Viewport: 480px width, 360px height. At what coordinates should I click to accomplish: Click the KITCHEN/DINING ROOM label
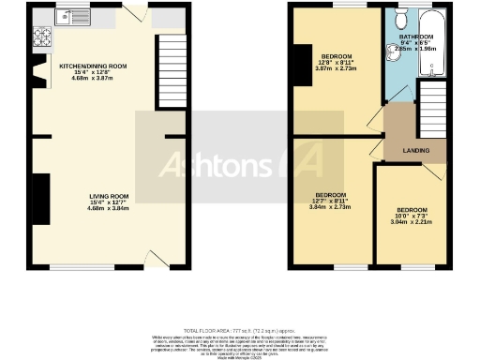(x=93, y=67)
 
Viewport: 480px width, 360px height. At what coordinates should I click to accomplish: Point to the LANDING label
(x=416, y=149)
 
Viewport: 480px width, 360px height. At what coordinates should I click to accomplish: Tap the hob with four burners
(x=42, y=37)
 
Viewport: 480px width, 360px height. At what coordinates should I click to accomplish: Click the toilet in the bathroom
(x=399, y=20)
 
